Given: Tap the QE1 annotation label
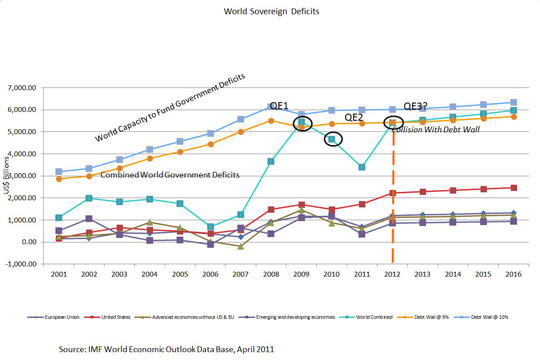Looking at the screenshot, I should pos(279,105).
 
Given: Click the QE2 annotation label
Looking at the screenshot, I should pos(353,116).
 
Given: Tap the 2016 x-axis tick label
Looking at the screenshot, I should pos(513,274).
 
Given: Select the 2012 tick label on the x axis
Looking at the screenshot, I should pos(392,274).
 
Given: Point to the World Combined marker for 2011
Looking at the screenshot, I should pos(361,167).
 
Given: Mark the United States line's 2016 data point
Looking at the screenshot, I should pos(513,187).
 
